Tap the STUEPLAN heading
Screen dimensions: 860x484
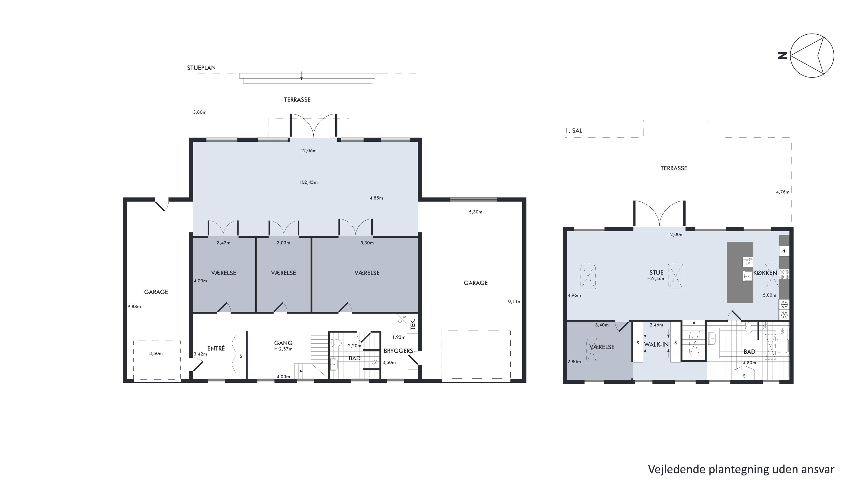pos(201,68)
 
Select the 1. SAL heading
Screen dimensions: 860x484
pos(574,131)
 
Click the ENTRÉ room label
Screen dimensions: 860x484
pos(216,348)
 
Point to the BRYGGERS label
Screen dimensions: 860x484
pos(398,351)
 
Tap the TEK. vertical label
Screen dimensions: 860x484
pos(413,324)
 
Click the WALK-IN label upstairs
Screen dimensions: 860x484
pos(656,344)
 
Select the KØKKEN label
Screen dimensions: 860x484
pos(765,273)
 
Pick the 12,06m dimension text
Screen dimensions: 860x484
pos(309,151)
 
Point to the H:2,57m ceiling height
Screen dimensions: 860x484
pos(283,349)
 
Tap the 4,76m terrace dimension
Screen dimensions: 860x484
pos(783,192)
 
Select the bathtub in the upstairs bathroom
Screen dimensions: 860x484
pos(783,341)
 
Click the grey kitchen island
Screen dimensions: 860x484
pos(740,272)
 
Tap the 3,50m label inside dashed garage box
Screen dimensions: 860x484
pos(156,353)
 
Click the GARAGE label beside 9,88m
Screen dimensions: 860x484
pos(156,292)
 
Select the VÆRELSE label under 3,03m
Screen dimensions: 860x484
pos(283,273)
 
